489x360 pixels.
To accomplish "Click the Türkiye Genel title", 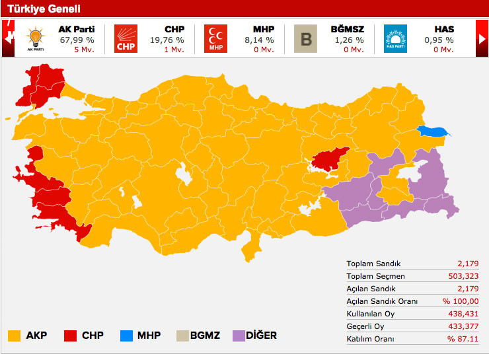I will coord(44,9).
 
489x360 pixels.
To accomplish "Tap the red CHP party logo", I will coord(126,38).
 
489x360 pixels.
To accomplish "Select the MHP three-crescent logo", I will coord(215,38).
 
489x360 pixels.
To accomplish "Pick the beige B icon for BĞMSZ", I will coord(305,38).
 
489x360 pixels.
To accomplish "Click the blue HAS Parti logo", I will coord(395,38).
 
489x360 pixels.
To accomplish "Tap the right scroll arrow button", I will coord(482,39).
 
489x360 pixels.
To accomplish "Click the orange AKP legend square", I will coord(14,336).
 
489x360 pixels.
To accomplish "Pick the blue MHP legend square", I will coord(126,336).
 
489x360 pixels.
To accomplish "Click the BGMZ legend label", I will coord(205,336).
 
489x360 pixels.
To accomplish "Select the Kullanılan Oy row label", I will coord(371,314).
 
